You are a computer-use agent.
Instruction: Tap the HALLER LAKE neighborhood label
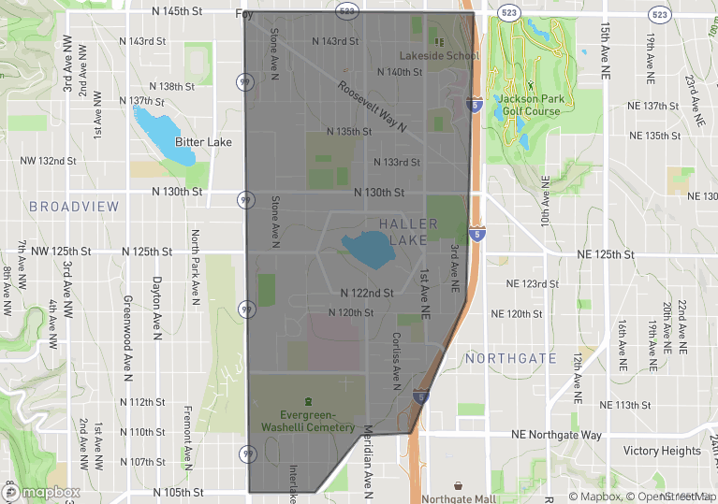coord(408,232)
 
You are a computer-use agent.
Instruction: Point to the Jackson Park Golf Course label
coord(529,105)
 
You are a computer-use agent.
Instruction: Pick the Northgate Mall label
coord(459,498)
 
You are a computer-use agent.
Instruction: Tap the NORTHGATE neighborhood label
coord(510,358)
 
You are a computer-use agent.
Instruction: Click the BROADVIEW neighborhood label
coord(74,206)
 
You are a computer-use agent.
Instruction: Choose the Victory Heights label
coord(662,451)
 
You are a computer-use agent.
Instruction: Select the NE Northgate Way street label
coord(557,435)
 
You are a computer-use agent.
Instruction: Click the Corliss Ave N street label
coord(397,360)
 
